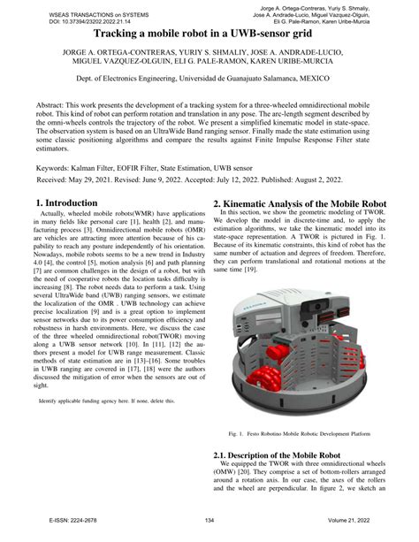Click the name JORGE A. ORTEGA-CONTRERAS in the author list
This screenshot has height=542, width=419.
coord(112,53)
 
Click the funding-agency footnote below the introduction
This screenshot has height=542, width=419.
coord(116,425)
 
